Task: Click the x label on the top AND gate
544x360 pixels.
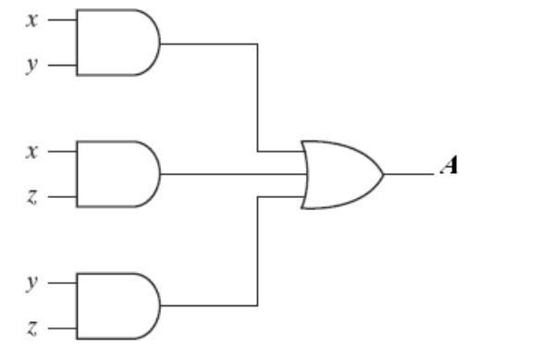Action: point(31,20)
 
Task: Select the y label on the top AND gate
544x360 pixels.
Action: point(31,65)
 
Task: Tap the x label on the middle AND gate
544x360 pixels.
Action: point(31,152)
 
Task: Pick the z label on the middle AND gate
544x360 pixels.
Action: point(31,197)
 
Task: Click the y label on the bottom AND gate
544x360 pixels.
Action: point(31,282)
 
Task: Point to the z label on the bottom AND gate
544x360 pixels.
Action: point(31,328)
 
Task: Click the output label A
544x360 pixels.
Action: point(450,165)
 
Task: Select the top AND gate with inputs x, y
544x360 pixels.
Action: point(118,43)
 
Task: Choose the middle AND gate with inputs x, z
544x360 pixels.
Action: point(118,174)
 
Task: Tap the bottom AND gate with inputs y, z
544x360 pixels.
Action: point(118,305)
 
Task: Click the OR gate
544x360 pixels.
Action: point(342,175)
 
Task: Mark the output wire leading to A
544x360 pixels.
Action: point(409,174)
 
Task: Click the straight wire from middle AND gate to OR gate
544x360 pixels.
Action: point(233,174)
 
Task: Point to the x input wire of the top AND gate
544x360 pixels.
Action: point(63,20)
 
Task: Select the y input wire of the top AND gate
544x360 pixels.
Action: point(63,65)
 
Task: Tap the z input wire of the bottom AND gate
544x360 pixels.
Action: point(63,328)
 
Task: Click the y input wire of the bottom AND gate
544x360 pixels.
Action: point(63,283)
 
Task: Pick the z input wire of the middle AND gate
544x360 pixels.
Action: point(63,197)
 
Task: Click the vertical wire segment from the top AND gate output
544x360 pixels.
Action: point(257,97)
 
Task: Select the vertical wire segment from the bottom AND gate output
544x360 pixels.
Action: point(257,252)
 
